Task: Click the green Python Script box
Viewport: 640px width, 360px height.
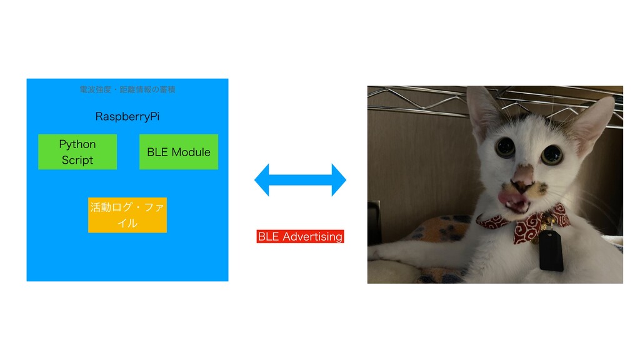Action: click(77, 152)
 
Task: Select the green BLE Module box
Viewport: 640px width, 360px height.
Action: click(178, 152)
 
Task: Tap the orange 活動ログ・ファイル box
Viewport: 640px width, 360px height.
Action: click(127, 215)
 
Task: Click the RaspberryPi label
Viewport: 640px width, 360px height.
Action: click(127, 117)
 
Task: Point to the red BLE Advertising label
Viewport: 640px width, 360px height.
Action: click(300, 236)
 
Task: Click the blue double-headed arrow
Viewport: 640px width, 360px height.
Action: click(300, 180)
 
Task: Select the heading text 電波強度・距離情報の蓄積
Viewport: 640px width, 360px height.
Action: click(127, 90)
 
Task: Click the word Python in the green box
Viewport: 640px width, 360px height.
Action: click(77, 144)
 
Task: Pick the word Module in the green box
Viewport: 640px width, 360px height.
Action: click(191, 152)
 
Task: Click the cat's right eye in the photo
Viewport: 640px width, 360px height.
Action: click(551, 154)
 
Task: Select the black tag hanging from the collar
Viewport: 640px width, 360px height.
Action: click(552, 252)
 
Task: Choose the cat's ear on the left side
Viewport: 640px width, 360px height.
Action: click(482, 112)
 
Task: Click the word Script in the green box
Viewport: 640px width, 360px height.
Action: click(77, 160)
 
